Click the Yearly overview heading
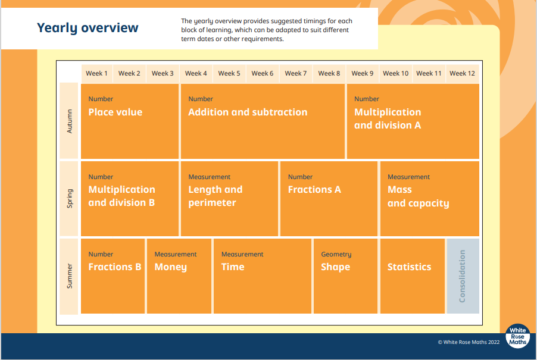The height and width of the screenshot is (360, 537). pyautogui.click(x=88, y=28)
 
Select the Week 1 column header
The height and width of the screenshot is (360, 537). pyautogui.click(x=96, y=73)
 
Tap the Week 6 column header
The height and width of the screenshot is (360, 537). pyautogui.click(x=263, y=73)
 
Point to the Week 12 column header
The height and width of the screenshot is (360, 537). pyautogui.click(x=463, y=73)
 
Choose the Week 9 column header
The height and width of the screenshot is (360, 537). pyautogui.click(x=363, y=73)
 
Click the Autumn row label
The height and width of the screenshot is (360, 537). pyautogui.click(x=70, y=121)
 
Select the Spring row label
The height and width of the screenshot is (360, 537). pyautogui.click(x=70, y=199)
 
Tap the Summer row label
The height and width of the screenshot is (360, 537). pyautogui.click(x=70, y=276)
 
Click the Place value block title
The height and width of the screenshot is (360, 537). pyautogui.click(x=115, y=112)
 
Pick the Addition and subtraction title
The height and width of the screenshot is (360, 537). pyautogui.click(x=248, y=112)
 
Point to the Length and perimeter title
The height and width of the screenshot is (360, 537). pyautogui.click(x=216, y=196)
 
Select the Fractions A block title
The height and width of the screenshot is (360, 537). pyautogui.click(x=314, y=190)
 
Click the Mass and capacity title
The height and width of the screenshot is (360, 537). pyautogui.click(x=418, y=196)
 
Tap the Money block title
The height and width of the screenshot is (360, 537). pyautogui.click(x=170, y=267)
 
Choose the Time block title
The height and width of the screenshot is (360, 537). pyautogui.click(x=233, y=267)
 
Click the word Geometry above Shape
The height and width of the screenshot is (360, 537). pyautogui.click(x=336, y=254)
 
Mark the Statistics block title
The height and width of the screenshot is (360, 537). pyautogui.click(x=409, y=267)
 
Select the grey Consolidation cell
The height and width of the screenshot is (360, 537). pyautogui.click(x=463, y=276)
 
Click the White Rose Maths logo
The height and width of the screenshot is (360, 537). pyautogui.click(x=517, y=336)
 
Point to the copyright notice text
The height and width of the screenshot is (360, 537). pyautogui.click(x=469, y=342)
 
